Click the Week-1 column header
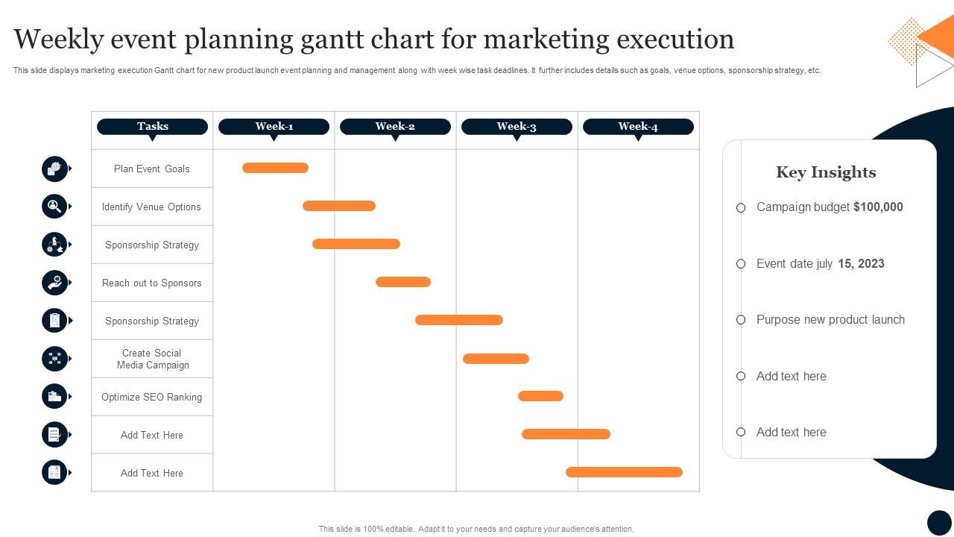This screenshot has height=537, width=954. click(x=274, y=127)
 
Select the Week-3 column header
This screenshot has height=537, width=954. click(x=517, y=127)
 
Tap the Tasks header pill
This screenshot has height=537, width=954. click(x=152, y=127)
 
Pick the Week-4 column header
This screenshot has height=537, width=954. click(x=638, y=127)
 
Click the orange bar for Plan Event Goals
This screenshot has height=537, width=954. click(x=275, y=168)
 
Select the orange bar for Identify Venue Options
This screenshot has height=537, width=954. click(x=339, y=206)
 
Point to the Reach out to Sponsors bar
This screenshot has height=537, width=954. click(x=403, y=282)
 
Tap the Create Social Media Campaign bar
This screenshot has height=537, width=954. click(x=496, y=359)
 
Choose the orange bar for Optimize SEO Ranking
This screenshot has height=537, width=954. click(x=540, y=396)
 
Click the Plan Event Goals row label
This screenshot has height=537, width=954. click(x=152, y=169)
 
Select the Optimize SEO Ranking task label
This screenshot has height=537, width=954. click(x=152, y=397)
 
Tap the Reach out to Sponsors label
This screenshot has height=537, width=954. click(x=152, y=283)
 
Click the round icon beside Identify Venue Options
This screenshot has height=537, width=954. click(x=54, y=206)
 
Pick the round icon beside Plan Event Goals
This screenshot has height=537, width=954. click(x=54, y=169)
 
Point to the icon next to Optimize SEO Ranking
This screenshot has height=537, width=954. click(x=54, y=396)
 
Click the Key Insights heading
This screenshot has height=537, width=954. click(x=826, y=172)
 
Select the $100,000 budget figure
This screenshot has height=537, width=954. click(x=878, y=207)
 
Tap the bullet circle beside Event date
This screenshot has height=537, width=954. click(x=741, y=264)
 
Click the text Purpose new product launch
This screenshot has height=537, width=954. click(x=830, y=320)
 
